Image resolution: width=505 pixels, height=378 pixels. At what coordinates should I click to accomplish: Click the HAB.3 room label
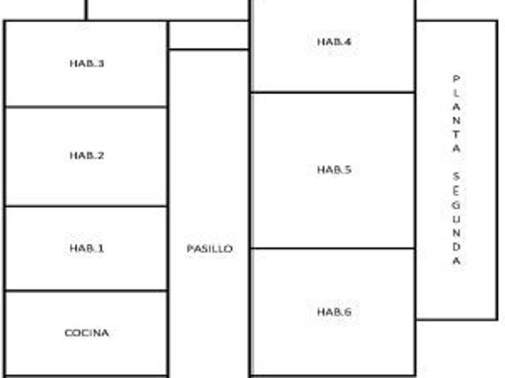[x=87, y=63]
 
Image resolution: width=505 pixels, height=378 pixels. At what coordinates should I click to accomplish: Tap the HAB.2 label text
[x=87, y=155]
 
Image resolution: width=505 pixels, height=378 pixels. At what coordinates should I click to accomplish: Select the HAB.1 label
[x=87, y=248]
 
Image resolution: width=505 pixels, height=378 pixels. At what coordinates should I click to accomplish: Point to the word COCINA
[x=87, y=332]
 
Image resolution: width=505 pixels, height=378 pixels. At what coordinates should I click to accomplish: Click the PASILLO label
[x=210, y=249]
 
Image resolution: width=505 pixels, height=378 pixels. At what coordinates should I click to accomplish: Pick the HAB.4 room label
[x=334, y=42]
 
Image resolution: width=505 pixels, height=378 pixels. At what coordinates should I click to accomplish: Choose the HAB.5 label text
[x=334, y=170]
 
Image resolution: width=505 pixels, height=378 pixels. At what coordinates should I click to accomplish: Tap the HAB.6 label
[x=334, y=312]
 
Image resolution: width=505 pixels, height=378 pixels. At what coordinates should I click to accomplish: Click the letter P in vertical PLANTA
[x=456, y=79]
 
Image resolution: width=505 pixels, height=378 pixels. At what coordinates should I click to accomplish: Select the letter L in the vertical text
[x=456, y=93]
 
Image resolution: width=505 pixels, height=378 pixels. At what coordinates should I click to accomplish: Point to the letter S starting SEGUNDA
[x=456, y=176]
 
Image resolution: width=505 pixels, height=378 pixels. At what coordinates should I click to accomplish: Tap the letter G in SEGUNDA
[x=456, y=205]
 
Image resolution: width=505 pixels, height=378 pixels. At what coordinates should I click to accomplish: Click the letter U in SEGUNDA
[x=456, y=219]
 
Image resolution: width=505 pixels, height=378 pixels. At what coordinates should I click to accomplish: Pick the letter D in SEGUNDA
[x=456, y=247]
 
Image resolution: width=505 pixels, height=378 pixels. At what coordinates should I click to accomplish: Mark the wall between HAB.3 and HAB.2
[x=86, y=107]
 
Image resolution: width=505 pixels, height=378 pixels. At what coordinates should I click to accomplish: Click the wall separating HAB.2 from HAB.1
[x=86, y=206]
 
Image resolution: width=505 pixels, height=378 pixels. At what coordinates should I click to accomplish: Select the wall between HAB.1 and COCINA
[x=86, y=291]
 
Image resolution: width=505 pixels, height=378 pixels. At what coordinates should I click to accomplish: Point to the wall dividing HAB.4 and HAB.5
[x=333, y=92]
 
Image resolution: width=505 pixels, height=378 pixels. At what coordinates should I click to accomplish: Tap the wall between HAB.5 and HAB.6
[x=333, y=249]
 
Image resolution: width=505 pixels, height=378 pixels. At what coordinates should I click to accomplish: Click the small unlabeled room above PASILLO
[x=208, y=35]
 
